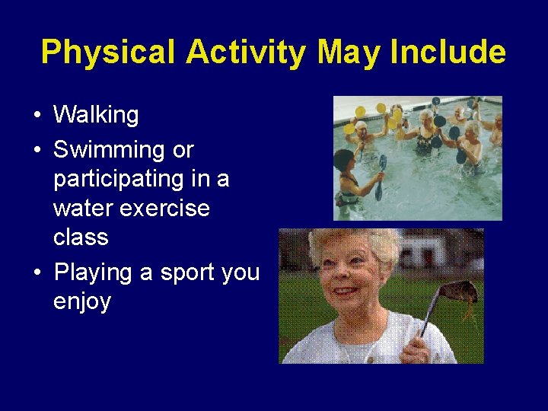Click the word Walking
point(96,116)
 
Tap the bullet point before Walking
point(37,116)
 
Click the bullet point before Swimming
point(37,150)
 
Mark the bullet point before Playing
point(37,272)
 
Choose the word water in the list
point(84,209)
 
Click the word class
point(81,237)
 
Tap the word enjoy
point(82,301)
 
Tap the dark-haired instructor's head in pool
point(344,161)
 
